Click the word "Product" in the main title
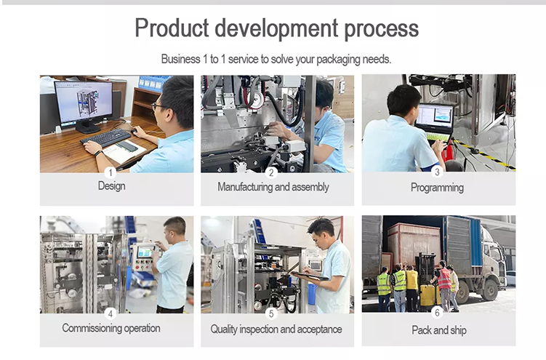[172, 28]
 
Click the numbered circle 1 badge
[111, 172]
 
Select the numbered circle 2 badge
[271, 172]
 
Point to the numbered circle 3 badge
[438, 172]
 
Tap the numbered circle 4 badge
[111, 313]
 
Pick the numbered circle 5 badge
[271, 313]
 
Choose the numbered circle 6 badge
[438, 312]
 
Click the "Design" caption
[111, 186]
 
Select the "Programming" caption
[437, 188]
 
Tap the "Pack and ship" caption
[438, 329]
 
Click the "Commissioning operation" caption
[111, 328]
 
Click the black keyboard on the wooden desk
[106, 138]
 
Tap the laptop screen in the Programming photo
[435, 118]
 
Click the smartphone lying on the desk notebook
[127, 146]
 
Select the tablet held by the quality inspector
[310, 276]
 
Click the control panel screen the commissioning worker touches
[145, 252]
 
